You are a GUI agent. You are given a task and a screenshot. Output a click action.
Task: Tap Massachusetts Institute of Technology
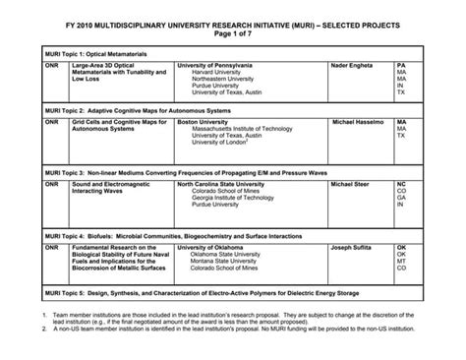pos(247,129)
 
